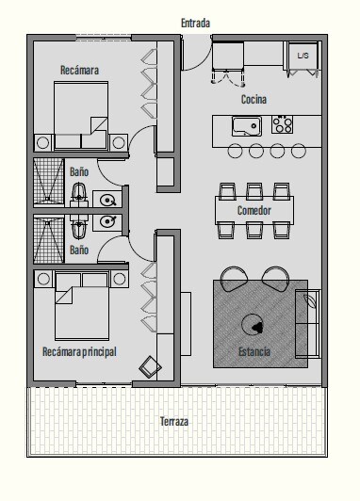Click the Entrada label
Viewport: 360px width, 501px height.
[x=195, y=23]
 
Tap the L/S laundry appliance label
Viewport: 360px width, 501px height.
[x=303, y=56]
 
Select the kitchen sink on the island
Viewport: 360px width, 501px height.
[x=247, y=126]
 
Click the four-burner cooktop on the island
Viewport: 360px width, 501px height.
[x=283, y=124]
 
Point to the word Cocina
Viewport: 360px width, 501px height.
[x=254, y=100]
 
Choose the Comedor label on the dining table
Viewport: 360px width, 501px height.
[x=254, y=211]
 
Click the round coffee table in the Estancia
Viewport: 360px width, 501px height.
[x=253, y=324]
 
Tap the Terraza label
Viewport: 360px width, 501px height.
[x=174, y=422]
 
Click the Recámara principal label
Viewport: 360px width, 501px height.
[x=79, y=352]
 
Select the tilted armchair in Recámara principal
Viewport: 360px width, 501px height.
[x=150, y=367]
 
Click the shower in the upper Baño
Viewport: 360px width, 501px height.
[x=49, y=181]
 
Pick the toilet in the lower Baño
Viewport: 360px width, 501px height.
[x=79, y=226]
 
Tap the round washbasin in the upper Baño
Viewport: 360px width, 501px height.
[x=107, y=201]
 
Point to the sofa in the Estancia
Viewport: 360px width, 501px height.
[x=307, y=324]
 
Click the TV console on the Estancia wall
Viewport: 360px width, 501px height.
[x=186, y=324]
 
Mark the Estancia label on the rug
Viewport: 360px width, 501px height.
[x=254, y=352]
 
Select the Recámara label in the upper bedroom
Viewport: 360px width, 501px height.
[x=79, y=70]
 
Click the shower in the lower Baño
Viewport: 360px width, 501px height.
[x=49, y=240]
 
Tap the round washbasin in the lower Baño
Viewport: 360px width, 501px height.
[x=107, y=221]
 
